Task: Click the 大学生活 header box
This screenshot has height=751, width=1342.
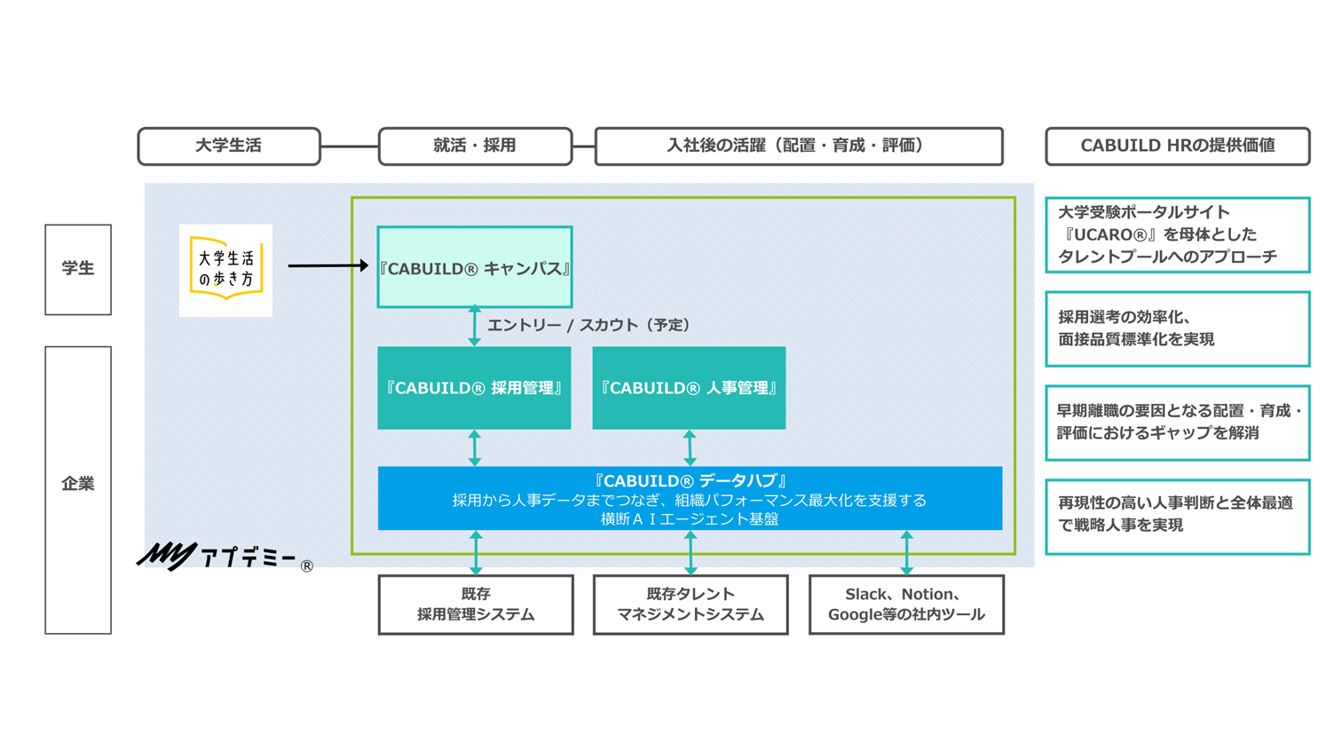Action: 229,146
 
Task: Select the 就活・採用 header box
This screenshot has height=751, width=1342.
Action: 475,146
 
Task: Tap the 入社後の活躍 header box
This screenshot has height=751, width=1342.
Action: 798,146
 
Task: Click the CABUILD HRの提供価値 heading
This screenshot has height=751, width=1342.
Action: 1177,146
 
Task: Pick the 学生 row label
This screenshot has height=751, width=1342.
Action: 78,269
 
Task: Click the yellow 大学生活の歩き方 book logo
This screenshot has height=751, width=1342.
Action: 225,270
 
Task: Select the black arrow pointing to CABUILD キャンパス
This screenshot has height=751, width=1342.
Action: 328,265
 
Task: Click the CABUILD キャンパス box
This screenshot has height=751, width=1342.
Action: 475,267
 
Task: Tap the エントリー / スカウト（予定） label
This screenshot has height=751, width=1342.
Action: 588,326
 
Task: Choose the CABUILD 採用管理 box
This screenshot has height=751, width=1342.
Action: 474,388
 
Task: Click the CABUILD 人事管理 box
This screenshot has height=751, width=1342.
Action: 689,388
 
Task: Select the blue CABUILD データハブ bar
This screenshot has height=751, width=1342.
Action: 690,498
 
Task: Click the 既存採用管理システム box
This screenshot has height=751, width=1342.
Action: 476,605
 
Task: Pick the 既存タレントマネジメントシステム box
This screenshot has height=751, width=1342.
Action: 691,605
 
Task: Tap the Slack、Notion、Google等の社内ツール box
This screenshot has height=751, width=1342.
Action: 906,605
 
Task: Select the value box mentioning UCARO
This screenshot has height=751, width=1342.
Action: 1177,235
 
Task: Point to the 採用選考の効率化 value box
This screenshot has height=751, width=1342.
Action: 1177,329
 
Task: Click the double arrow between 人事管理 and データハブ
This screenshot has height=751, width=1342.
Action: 690,448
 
